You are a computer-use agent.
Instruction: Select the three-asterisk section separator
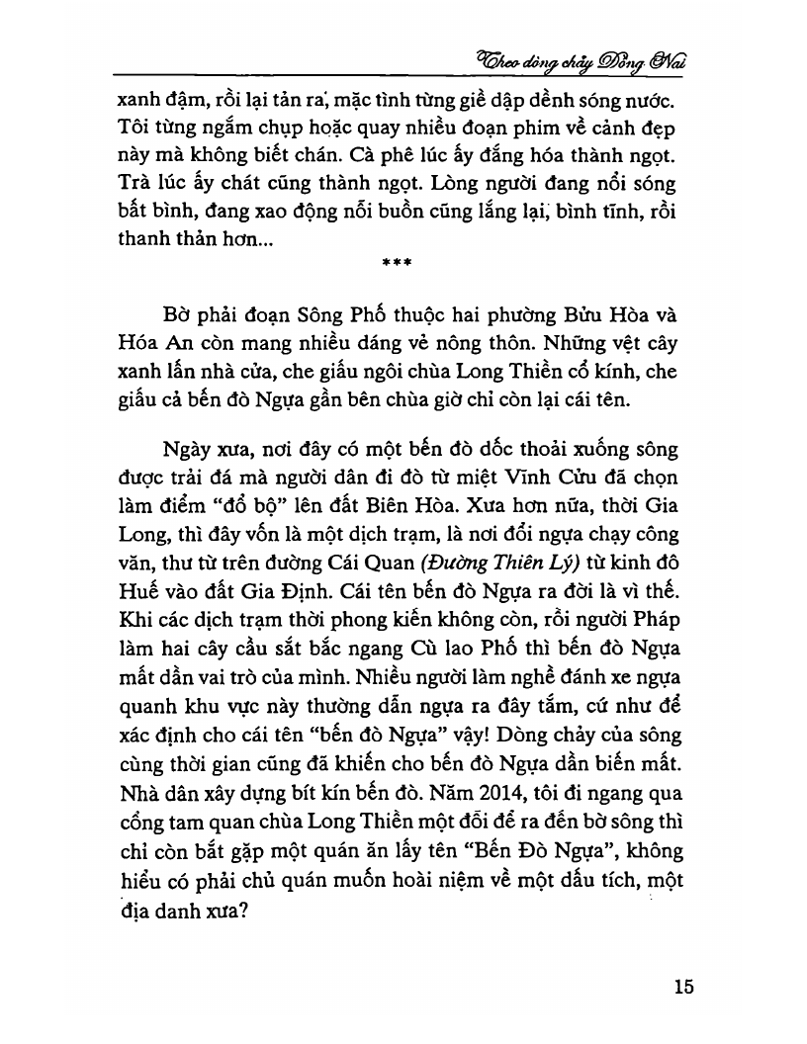pos(397,262)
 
